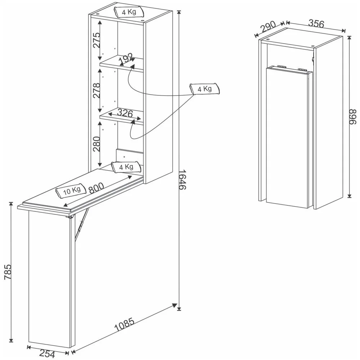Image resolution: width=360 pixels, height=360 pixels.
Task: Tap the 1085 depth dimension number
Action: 124,324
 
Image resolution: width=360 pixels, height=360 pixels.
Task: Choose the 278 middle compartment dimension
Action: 95,91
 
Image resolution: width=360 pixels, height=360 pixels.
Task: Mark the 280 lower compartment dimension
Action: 95,143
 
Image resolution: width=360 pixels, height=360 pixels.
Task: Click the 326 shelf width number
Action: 125,113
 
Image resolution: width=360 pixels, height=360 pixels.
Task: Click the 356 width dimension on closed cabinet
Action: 317,23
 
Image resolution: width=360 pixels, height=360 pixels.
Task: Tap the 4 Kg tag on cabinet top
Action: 129,12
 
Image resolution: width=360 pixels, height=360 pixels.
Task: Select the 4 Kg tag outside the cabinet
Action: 204,88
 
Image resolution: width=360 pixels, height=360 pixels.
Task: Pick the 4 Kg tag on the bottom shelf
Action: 126,167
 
